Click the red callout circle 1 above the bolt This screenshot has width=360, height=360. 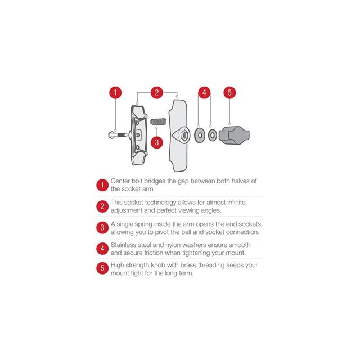pyautogui.click(x=115, y=92)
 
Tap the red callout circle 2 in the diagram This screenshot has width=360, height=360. pyautogui.click(x=157, y=92)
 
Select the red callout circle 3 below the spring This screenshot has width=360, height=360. pyautogui.click(x=157, y=142)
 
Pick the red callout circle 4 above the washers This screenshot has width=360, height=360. pyautogui.click(x=204, y=92)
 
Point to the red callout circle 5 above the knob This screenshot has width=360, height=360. pyautogui.click(x=229, y=92)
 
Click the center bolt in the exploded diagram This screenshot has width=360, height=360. pyautogui.click(x=118, y=135)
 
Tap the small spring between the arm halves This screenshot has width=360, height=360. pyautogui.click(x=159, y=121)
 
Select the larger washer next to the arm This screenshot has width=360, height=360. pyautogui.click(x=200, y=135)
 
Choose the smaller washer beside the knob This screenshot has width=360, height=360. pyautogui.click(x=213, y=135)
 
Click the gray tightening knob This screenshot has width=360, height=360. pyautogui.click(x=234, y=136)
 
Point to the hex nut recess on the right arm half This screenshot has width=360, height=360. pyautogui.click(x=184, y=136)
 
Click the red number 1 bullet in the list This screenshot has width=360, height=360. pyautogui.click(x=102, y=185)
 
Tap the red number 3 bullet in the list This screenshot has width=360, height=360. pyautogui.click(x=102, y=227)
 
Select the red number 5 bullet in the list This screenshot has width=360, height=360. pyautogui.click(x=102, y=268)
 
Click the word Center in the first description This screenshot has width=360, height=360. pyautogui.click(x=120, y=181)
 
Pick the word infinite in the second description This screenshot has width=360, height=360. pyautogui.click(x=236, y=202)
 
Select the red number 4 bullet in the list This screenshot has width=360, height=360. pyautogui.click(x=102, y=249)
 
